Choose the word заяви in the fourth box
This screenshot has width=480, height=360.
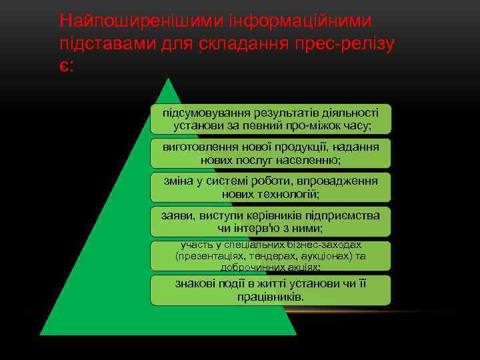pos(175,215)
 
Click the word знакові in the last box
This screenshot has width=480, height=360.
pos(195,283)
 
